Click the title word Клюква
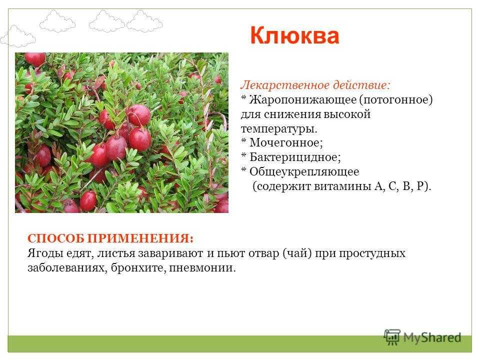[294, 36]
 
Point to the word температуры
[279, 129]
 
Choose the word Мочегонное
[286, 142]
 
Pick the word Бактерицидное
[295, 157]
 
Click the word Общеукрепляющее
[304, 171]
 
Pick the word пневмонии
[202, 268]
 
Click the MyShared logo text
[432, 337]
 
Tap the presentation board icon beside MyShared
[392, 337]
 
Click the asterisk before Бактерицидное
[243, 155]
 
